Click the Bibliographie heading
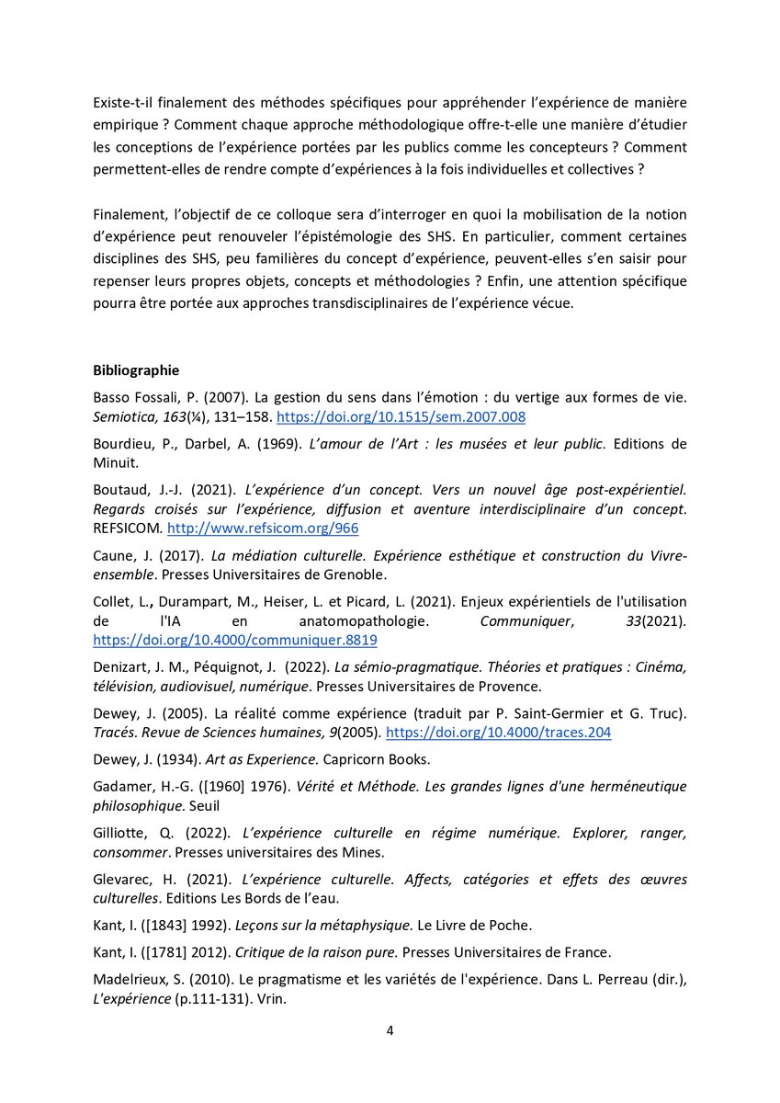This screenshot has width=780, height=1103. pos(136,370)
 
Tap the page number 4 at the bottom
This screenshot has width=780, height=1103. pos(390,1029)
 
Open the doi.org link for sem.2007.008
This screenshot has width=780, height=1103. pos(401,417)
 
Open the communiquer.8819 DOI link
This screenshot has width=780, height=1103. pos(234,639)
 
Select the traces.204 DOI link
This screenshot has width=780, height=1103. pos(498,732)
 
